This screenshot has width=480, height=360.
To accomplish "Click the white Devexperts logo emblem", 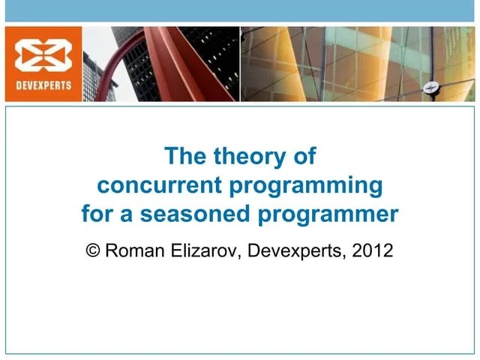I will pos(43,56).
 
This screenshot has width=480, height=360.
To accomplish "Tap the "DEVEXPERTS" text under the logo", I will pos(43,85).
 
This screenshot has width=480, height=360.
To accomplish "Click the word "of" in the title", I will pos(305,157).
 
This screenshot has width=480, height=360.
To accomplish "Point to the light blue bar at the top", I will pos(240,10).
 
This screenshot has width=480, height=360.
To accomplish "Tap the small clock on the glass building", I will pos(430,86).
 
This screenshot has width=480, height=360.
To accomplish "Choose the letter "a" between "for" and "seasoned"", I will pos(127,215).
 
